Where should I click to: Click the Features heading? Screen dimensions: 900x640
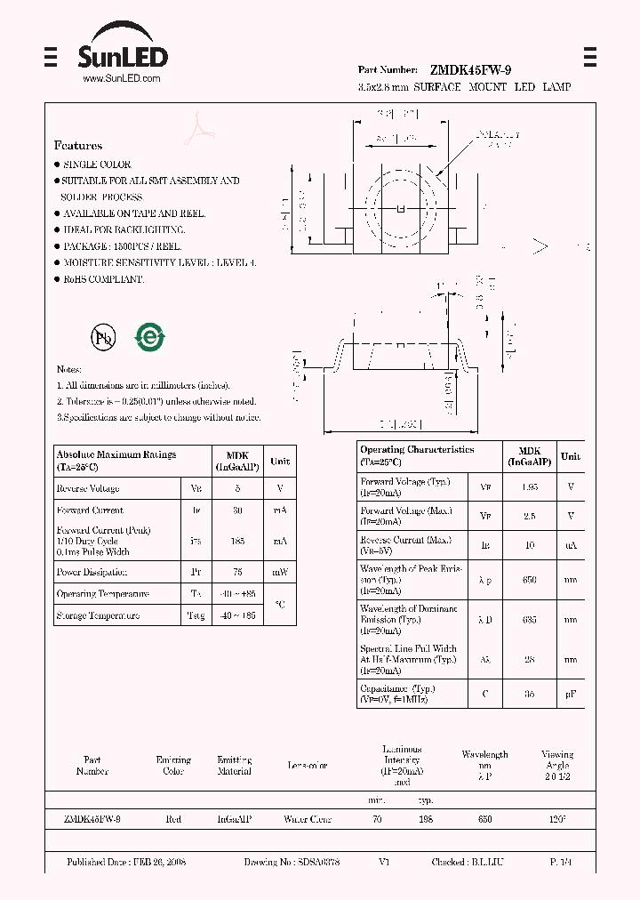point(78,145)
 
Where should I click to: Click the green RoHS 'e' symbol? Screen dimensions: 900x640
point(148,337)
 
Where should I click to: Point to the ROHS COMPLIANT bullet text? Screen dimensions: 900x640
point(102,278)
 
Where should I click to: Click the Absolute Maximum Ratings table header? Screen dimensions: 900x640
point(116,460)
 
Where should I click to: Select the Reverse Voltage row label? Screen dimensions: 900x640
point(87,488)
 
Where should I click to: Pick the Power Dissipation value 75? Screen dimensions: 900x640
point(237,573)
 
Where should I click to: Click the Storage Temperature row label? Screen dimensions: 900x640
point(98,615)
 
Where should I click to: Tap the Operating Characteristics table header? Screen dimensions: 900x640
point(417,455)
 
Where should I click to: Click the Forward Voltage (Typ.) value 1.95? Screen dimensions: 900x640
point(529,487)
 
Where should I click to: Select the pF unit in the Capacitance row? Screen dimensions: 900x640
point(571,694)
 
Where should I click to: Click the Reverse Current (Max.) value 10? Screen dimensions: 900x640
point(529,544)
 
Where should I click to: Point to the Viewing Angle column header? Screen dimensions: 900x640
point(557,759)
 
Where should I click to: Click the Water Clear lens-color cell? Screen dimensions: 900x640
point(308,819)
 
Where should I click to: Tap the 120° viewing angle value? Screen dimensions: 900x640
point(557,819)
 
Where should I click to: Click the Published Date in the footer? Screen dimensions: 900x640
point(126,862)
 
